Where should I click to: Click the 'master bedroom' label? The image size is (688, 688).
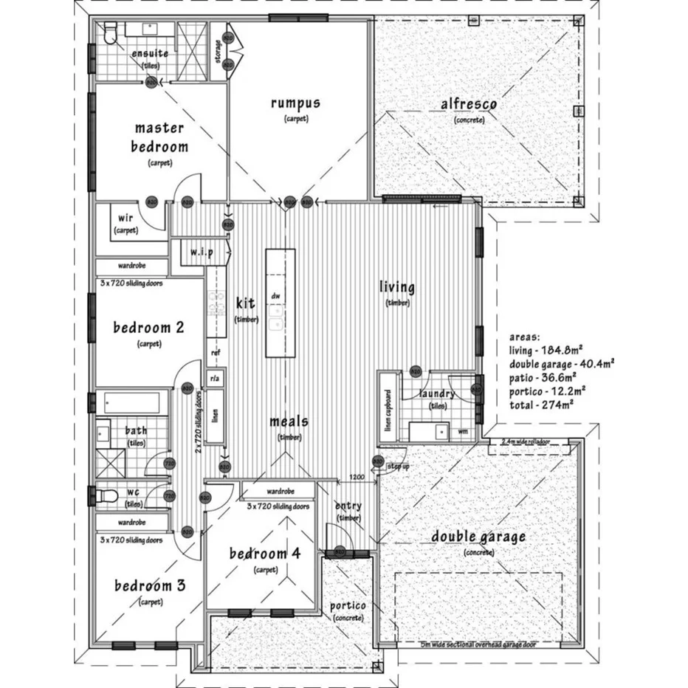[x=159, y=137]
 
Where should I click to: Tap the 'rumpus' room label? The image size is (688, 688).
[x=295, y=103]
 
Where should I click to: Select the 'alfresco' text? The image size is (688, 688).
[x=469, y=105]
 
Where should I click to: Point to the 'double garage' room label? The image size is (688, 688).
[x=478, y=537]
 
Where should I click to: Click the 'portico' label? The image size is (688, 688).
[x=348, y=606]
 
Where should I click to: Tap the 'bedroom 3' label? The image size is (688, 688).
[x=150, y=586]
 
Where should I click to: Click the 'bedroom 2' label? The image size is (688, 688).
[x=148, y=327]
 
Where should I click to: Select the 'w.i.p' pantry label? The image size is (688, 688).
[x=202, y=252]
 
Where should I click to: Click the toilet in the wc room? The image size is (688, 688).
[x=107, y=495]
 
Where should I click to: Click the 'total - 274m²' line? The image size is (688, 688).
[x=542, y=405]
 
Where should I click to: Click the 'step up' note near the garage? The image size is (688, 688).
[x=398, y=467]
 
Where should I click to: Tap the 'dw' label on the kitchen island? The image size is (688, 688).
[x=276, y=296]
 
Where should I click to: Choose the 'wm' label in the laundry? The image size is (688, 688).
[x=463, y=430]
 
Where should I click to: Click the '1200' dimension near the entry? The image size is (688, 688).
[x=357, y=477]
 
